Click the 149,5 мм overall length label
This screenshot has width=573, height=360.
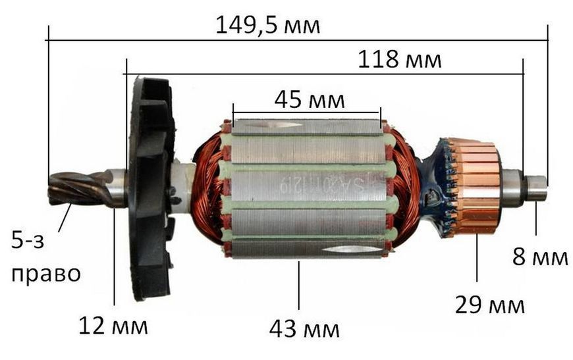268,26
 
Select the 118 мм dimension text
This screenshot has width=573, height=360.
399,59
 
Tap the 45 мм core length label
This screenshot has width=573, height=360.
310,99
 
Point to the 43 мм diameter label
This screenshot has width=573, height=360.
304,329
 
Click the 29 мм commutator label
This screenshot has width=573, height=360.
489,305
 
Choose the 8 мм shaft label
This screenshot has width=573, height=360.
540,257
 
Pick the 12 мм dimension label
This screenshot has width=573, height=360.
113,326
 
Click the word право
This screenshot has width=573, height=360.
45,274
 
